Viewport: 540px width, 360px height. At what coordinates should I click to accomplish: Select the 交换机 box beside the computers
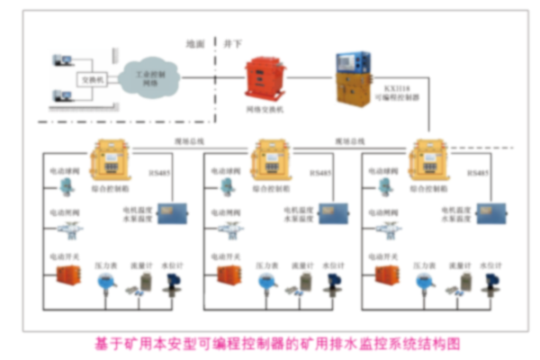click(90, 77)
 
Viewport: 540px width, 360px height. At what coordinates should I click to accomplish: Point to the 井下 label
click(232, 42)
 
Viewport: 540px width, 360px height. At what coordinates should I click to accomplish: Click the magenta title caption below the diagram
click(271, 343)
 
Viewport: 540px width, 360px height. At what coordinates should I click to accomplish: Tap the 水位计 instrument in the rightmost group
click(490, 283)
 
